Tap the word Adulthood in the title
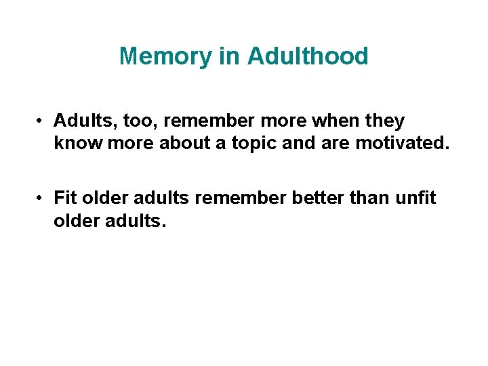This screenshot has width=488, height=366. pyautogui.click(x=308, y=56)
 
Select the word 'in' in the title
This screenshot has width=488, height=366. pyautogui.click(x=229, y=56)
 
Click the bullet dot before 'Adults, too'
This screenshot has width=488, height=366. pyautogui.click(x=42, y=122)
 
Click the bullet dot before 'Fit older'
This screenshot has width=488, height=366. pyautogui.click(x=42, y=198)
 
